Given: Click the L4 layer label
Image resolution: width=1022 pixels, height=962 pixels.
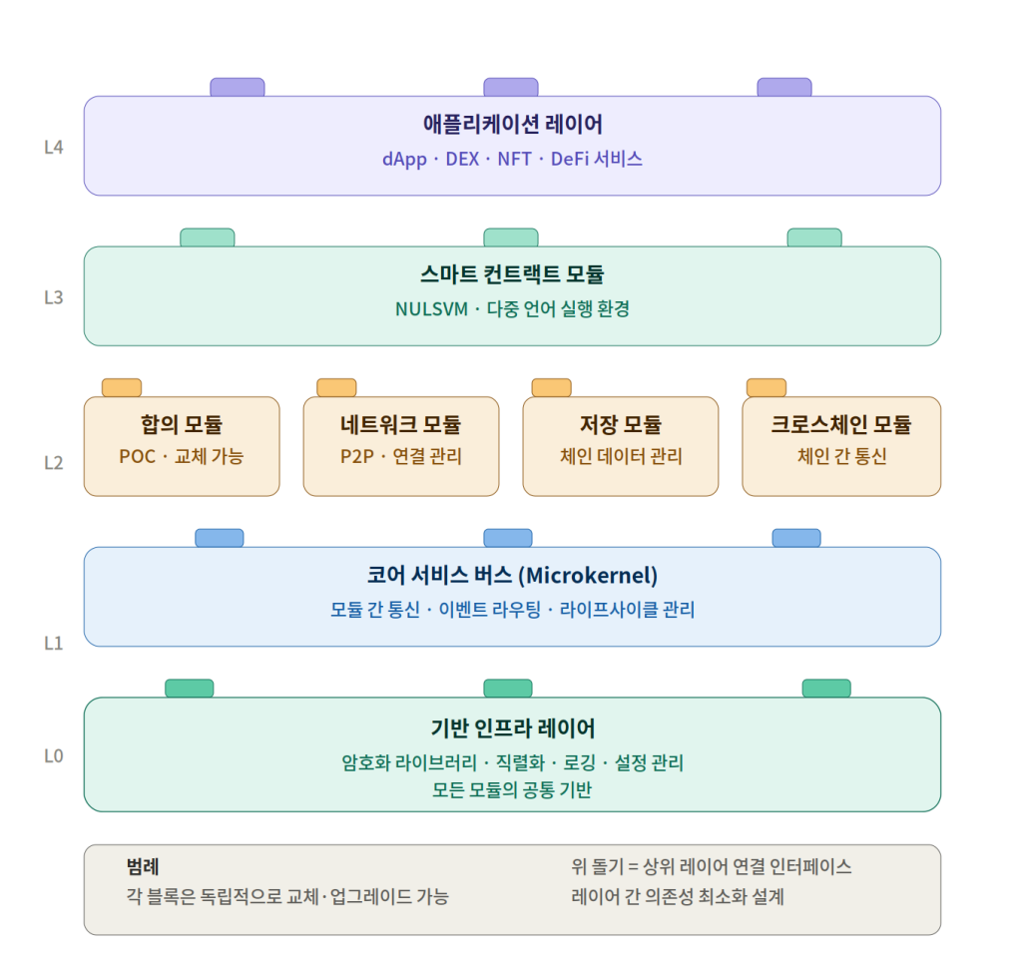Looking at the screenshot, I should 54,147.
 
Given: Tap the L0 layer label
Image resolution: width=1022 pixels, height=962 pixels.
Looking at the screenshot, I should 54,755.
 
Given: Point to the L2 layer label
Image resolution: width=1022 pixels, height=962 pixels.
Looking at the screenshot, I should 54,463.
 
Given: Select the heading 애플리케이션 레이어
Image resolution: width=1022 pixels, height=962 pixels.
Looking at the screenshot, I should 512,125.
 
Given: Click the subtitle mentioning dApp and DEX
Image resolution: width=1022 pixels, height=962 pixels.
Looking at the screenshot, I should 512,159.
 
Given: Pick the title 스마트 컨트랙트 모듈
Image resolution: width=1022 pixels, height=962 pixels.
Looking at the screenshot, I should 512,274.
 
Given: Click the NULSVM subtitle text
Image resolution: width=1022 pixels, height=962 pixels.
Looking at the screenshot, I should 512,308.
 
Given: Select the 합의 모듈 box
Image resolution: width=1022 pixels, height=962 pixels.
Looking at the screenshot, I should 182,446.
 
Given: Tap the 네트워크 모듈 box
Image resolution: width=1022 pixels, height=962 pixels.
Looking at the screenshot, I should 400,446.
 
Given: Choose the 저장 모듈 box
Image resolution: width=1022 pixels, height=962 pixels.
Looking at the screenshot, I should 621,446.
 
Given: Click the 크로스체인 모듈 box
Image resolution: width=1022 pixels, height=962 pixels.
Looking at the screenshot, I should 841,446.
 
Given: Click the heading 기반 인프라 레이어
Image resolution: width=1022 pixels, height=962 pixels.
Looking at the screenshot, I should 512,727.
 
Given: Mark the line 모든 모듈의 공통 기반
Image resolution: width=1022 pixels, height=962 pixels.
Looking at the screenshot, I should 512,790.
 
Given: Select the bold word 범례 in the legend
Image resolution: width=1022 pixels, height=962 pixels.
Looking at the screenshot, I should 143,866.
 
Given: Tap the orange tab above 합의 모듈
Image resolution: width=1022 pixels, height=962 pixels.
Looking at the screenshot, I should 122,387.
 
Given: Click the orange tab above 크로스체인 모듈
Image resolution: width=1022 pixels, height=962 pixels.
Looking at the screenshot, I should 766,387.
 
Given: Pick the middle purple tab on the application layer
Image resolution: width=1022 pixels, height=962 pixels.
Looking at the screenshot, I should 511,87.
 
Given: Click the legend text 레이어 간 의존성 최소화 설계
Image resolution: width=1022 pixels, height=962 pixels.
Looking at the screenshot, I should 678,896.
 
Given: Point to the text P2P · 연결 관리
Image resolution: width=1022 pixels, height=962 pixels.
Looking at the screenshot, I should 400,457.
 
